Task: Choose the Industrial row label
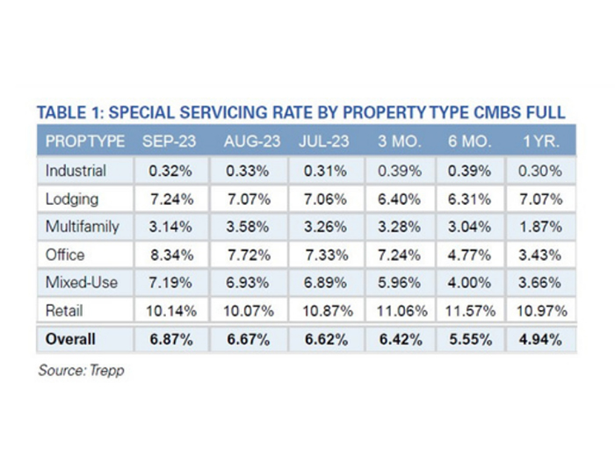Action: coord(76,170)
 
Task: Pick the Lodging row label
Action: coord(73,199)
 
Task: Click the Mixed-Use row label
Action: coord(79,283)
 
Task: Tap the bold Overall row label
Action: coord(70,339)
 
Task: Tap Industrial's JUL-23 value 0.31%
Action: coord(325,170)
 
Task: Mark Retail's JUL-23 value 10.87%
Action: coord(325,311)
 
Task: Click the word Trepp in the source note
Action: coord(107,371)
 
